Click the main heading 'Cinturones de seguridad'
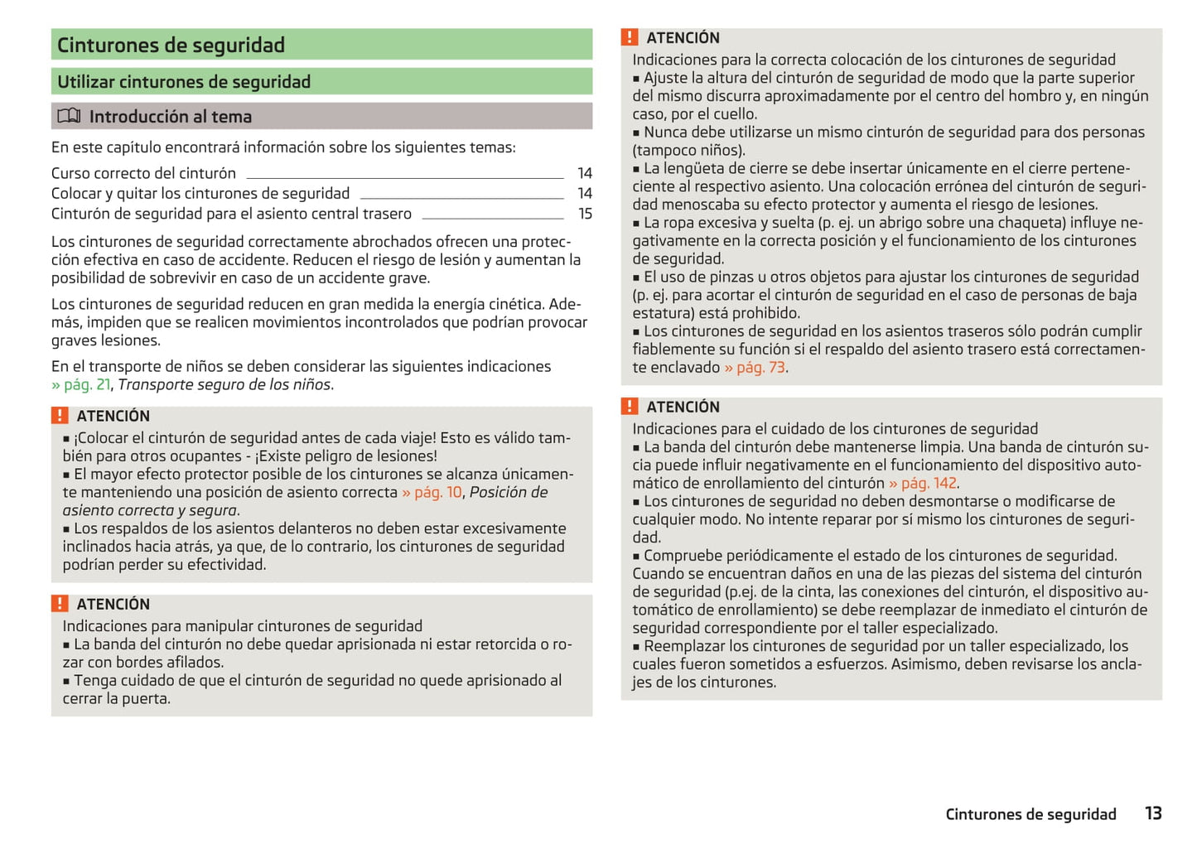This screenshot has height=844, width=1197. [171, 45]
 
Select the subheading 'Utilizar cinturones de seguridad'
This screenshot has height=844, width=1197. [184, 82]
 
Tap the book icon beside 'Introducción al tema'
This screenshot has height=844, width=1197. [69, 116]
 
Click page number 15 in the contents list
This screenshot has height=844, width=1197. [585, 214]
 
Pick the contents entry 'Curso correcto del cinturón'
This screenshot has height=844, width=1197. [143, 173]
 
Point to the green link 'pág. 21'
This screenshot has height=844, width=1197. [86, 384]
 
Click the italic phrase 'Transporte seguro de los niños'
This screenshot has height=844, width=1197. [224, 384]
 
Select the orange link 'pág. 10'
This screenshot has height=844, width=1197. [437, 492]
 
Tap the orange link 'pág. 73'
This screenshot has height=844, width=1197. [760, 367]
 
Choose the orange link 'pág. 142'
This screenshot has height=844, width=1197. [928, 483]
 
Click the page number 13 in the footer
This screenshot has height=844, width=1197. [1153, 813]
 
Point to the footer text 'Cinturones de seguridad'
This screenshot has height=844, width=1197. [1030, 814]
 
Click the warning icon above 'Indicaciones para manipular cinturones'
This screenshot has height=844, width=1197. [60, 603]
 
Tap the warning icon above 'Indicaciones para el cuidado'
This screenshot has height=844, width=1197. [630, 406]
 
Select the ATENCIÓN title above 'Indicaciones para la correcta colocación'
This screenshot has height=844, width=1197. [683, 38]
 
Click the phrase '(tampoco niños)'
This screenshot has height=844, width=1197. [688, 150]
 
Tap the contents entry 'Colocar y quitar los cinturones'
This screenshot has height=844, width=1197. [200, 193]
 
